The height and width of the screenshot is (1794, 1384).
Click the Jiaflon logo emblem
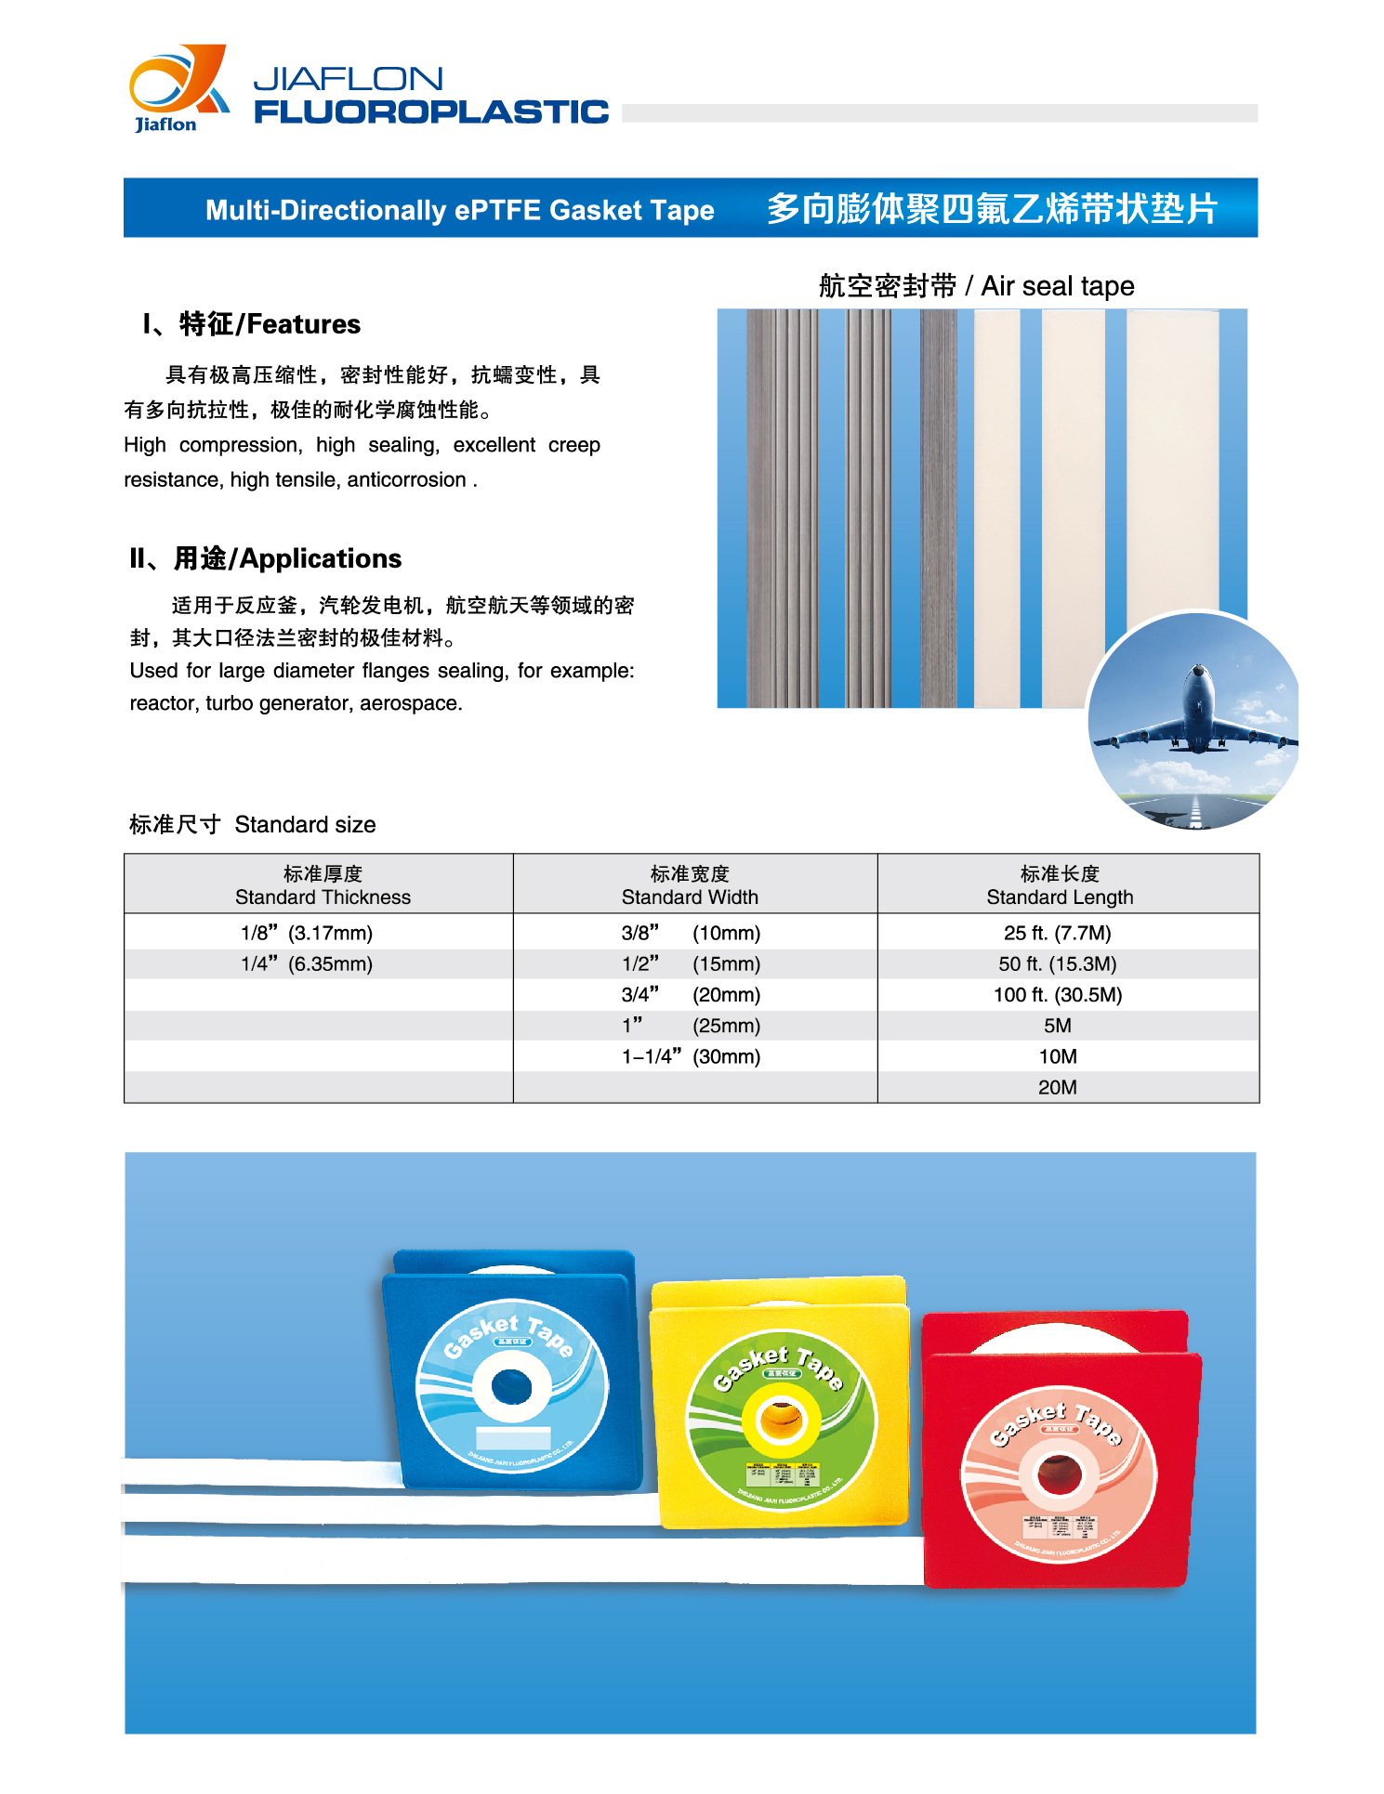tap(178, 86)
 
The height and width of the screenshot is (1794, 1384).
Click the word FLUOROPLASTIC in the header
tap(431, 112)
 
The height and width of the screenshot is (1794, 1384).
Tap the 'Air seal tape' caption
tap(1057, 286)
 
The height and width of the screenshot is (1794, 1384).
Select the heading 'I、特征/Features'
tap(251, 324)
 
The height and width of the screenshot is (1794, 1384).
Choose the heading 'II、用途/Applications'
tap(266, 558)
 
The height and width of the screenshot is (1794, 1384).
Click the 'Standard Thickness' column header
tap(323, 897)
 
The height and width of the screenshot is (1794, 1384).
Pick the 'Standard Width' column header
tap(690, 897)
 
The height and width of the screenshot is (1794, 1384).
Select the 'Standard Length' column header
tap(1060, 897)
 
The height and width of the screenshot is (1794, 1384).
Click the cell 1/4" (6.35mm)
tap(307, 964)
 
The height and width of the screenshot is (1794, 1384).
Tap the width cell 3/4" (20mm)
tap(691, 995)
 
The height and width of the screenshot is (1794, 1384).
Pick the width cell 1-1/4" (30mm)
tap(691, 1056)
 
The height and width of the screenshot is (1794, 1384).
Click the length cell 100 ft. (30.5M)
tap(1058, 995)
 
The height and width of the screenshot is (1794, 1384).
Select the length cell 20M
tap(1058, 1087)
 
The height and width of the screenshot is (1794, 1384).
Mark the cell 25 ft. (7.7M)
tap(1058, 933)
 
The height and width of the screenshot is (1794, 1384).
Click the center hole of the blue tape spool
tap(511, 1388)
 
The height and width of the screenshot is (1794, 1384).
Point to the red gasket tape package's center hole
tap(1059, 1474)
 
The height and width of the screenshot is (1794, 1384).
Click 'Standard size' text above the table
tap(305, 825)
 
